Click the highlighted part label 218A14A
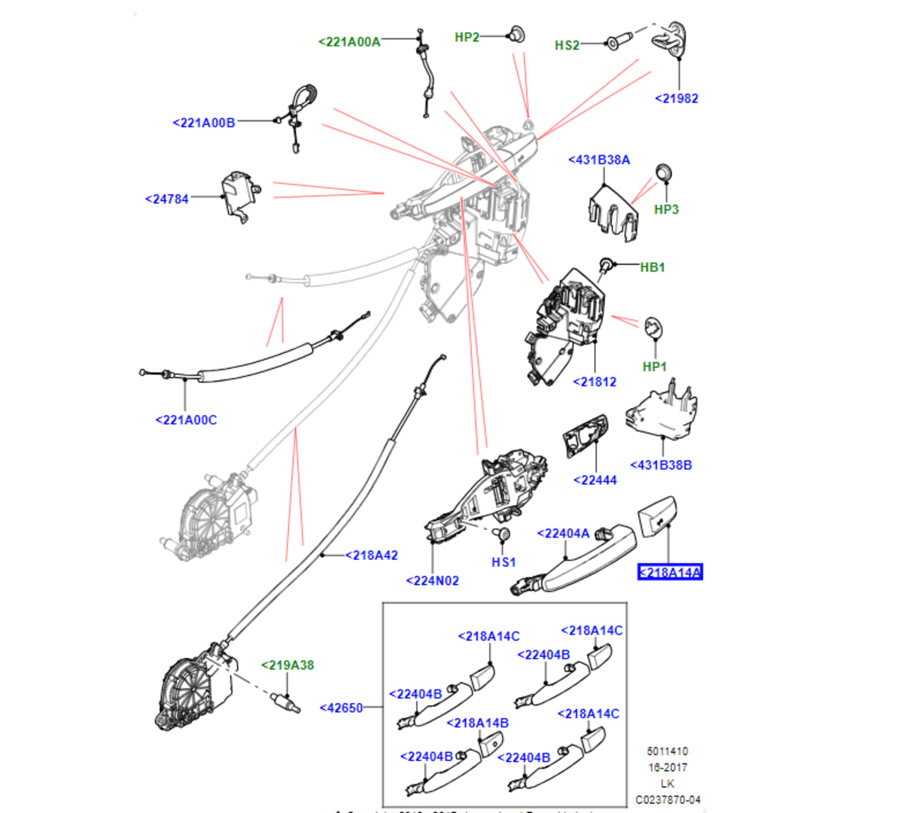pyautogui.click(x=670, y=573)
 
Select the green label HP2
pyautogui.click(x=467, y=37)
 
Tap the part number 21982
pyautogui.click(x=676, y=99)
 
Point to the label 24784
pyautogui.click(x=167, y=199)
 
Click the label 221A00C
pyautogui.click(x=186, y=420)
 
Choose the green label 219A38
pyautogui.click(x=287, y=665)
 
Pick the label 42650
pyautogui.click(x=342, y=708)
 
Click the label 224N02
pyautogui.click(x=432, y=580)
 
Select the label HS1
pyautogui.click(x=503, y=562)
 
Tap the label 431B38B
pyautogui.click(x=661, y=465)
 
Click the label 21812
pyautogui.click(x=594, y=382)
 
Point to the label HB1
pyautogui.click(x=652, y=267)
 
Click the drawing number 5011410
pyautogui.click(x=667, y=751)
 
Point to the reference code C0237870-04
pyautogui.click(x=667, y=799)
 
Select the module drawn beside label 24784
pyautogui.click(x=239, y=195)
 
